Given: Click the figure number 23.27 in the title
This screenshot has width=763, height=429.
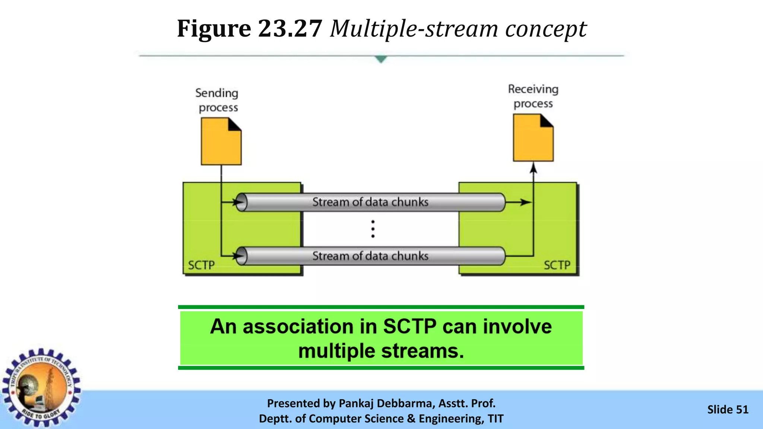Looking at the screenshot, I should click(290, 29).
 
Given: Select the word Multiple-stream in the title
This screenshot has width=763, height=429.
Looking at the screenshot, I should click(414, 29).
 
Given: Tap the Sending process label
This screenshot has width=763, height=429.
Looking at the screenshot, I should click(217, 100).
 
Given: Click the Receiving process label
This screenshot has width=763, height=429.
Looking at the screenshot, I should click(533, 96).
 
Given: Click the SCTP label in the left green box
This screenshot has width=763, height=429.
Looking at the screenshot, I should click(201, 265).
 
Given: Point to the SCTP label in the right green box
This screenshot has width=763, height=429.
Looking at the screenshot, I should click(557, 265).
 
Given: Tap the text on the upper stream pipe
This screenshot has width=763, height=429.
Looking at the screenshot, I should click(370, 202).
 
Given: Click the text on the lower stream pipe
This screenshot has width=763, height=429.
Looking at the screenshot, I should click(370, 256).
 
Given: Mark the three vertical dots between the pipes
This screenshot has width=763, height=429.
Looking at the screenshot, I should click(373, 229).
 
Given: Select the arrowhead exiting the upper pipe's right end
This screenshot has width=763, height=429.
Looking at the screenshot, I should click(526, 202).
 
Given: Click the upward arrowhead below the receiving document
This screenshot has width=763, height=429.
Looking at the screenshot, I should click(534, 168).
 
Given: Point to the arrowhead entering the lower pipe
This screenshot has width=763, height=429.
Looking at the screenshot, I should click(238, 256).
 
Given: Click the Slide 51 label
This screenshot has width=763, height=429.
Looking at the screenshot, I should click(728, 410).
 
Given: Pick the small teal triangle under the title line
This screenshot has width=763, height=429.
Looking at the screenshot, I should click(381, 59).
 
